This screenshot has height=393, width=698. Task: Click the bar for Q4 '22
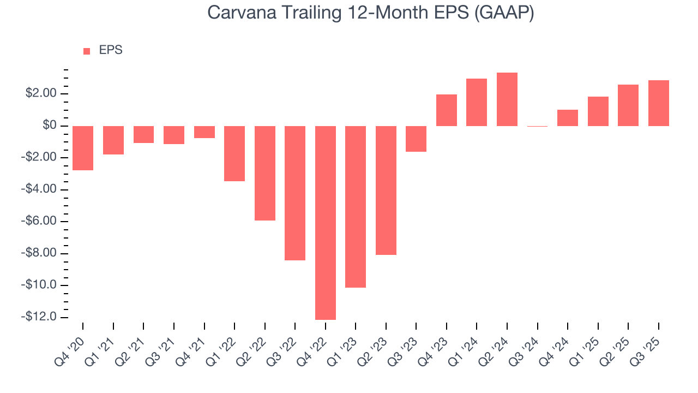[x=326, y=223]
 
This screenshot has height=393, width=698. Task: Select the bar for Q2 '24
[x=507, y=99]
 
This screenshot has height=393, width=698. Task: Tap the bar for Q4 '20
[x=83, y=148]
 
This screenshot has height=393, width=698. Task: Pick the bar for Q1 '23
[x=356, y=207]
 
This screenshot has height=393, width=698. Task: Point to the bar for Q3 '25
[x=659, y=103]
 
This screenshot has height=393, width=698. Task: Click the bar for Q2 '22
[x=265, y=173]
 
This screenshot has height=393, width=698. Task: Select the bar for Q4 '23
[x=447, y=110]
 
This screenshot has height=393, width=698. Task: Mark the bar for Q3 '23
[x=416, y=139]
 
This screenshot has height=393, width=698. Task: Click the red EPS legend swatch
[x=87, y=51]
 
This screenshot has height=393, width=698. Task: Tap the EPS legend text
[x=111, y=51]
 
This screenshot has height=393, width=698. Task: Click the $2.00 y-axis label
[x=41, y=94]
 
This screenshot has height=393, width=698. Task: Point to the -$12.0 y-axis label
[x=39, y=317]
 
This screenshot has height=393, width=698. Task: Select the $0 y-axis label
[x=50, y=126]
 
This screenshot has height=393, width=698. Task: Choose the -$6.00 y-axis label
[x=40, y=222]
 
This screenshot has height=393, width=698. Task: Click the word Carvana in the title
[x=240, y=13]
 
